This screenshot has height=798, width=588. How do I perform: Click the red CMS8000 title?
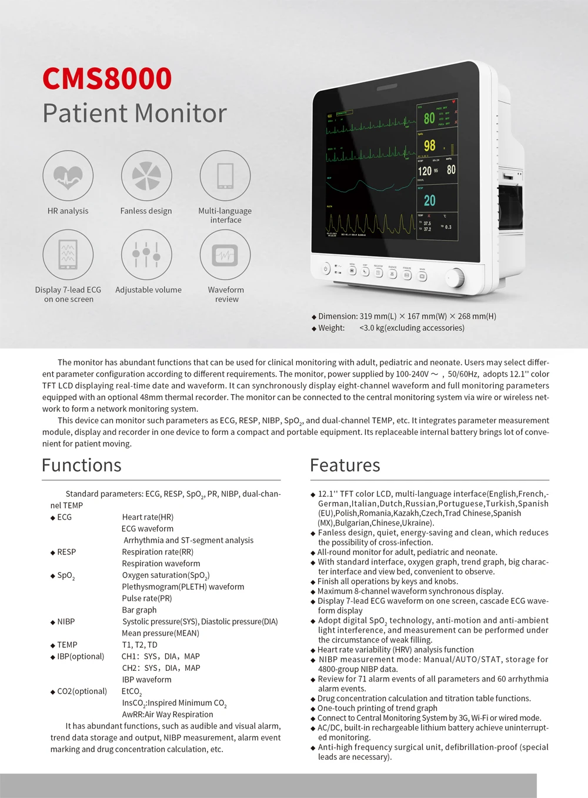(107, 79)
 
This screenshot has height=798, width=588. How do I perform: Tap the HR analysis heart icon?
(68, 175)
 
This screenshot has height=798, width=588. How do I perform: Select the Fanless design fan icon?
(146, 175)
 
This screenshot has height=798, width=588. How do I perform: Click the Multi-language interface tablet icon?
(225, 175)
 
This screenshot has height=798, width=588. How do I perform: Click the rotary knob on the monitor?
(455, 278)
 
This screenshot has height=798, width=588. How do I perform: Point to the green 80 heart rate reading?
(429, 118)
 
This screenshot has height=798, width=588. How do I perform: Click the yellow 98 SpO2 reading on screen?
(430, 145)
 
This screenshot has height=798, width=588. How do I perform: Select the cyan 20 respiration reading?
(430, 201)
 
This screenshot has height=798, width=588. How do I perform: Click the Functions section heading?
(82, 465)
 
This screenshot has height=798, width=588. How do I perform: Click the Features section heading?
(345, 465)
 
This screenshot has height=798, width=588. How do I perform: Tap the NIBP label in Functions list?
(66, 621)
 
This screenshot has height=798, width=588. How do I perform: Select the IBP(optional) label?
(81, 656)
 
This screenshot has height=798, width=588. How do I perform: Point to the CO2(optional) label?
(82, 691)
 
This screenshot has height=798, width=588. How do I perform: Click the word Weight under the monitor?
(332, 328)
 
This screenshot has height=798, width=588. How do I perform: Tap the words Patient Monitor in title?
(135, 113)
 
